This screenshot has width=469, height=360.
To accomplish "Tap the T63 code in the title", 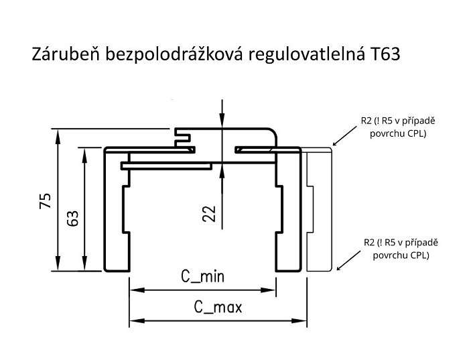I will (x=383, y=54).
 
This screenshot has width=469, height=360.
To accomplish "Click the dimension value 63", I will (x=72, y=219).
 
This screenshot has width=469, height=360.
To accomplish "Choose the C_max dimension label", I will (x=218, y=308).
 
